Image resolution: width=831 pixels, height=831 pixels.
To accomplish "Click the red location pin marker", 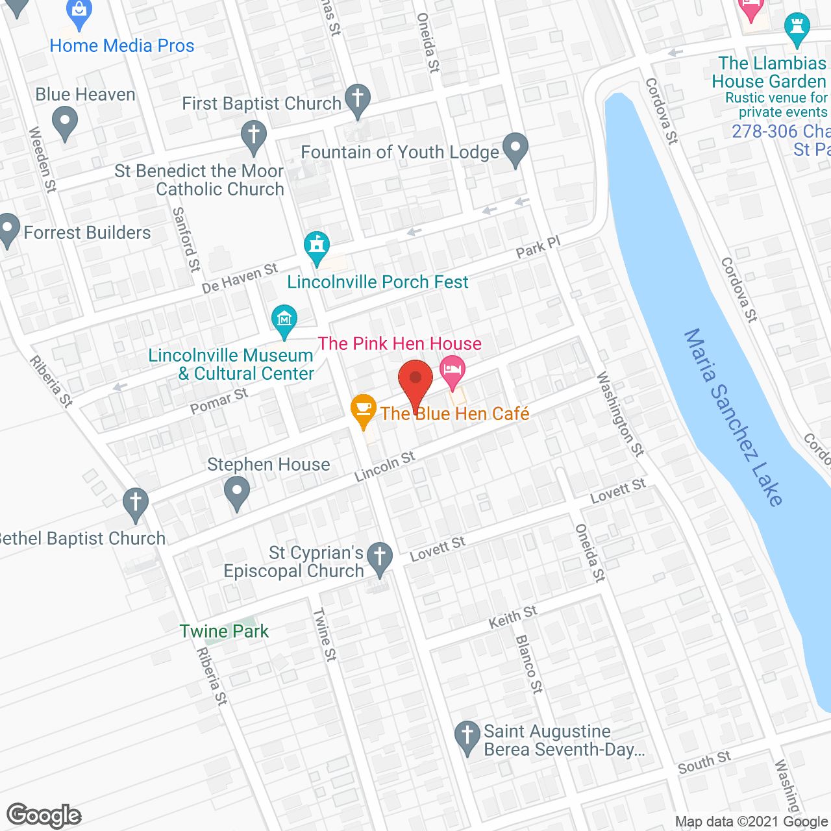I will tap(415, 380).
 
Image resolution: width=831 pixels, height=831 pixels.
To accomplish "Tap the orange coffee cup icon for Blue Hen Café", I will tap(364, 410).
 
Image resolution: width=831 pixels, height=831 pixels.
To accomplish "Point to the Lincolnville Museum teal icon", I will tap(284, 320).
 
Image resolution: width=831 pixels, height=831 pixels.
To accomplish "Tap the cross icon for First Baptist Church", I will tap(357, 99).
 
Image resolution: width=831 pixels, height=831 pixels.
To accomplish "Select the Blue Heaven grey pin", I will tap(64, 122).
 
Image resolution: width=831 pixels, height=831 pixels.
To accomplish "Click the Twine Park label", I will tap(224, 631).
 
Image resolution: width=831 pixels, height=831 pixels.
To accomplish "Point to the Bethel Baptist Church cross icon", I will tap(136, 503).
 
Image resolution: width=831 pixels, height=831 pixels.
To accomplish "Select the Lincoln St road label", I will tap(384, 467).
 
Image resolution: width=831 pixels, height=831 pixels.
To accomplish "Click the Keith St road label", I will tap(513, 617).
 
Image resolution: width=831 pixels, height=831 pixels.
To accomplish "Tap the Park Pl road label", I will tap(538, 247).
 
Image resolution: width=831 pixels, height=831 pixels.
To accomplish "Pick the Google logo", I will tap(44, 815).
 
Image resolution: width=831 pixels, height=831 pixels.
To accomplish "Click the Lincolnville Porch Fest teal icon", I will tap(317, 247).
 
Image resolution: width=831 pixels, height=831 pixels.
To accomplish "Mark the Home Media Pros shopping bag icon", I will tap(79, 12).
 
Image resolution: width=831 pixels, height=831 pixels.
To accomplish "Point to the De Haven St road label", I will tap(240, 279).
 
